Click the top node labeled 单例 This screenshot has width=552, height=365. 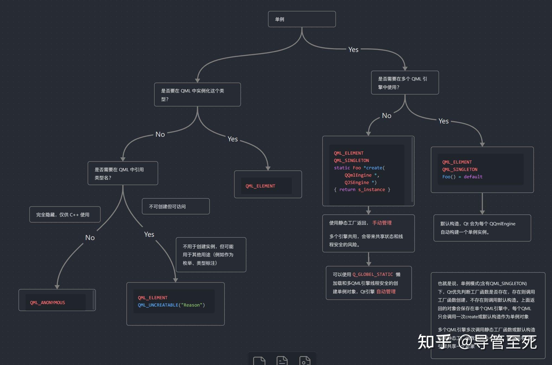[302, 19]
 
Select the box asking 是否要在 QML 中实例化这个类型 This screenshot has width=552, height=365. [197, 95]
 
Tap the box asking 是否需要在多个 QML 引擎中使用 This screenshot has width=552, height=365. [405, 83]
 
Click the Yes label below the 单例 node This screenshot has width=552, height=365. [353, 49]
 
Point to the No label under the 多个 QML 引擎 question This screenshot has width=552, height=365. [386, 116]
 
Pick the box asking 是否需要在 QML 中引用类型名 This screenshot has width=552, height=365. [123, 173]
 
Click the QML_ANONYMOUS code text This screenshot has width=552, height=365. [48, 302]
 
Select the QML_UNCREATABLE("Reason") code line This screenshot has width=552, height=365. [171, 305]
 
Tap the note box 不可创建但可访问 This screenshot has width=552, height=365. [176, 207]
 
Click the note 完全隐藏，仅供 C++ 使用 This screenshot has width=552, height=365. [65, 215]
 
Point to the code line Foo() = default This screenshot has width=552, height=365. [462, 177]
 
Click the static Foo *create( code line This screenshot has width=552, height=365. [359, 168]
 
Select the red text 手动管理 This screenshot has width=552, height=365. [382, 223]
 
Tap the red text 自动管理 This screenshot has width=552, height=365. [386, 292]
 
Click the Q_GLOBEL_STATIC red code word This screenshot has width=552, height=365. [373, 274]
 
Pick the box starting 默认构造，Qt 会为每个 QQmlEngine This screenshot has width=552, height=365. [482, 228]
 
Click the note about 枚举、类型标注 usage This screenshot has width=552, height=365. [211, 255]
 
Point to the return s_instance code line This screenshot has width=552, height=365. [362, 189]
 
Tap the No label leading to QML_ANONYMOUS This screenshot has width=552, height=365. [90, 238]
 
